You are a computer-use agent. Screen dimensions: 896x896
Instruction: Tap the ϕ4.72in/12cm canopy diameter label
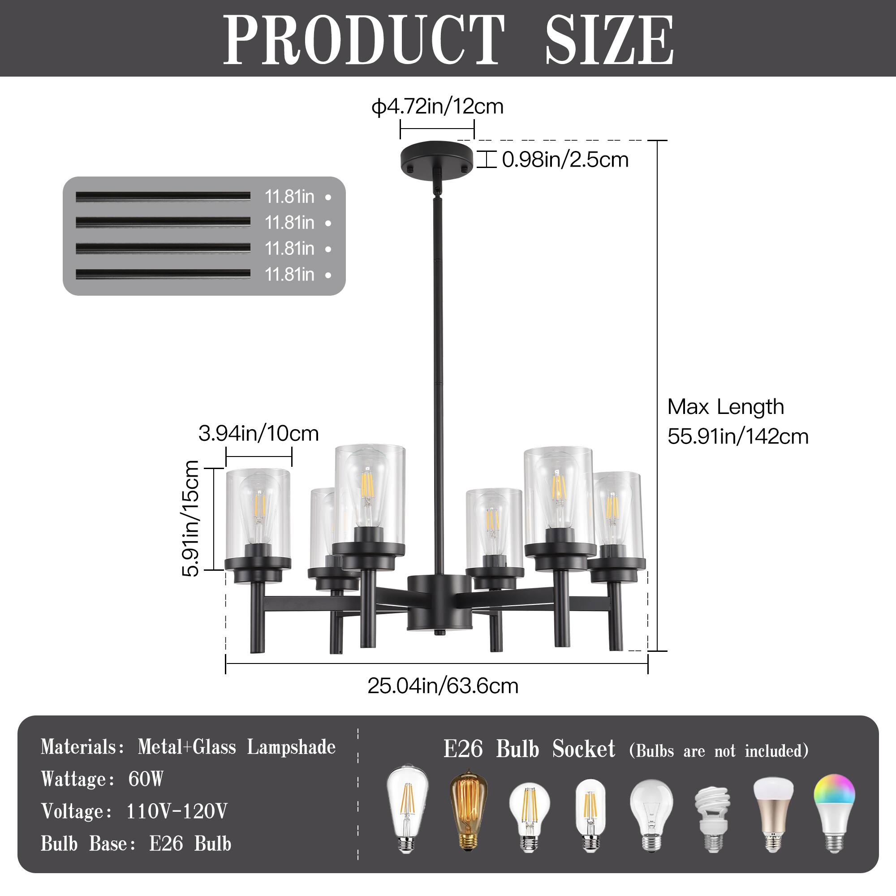tap(437, 107)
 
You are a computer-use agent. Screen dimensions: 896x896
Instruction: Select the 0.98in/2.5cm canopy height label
tap(565, 160)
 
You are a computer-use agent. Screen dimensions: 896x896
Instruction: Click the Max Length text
tap(726, 407)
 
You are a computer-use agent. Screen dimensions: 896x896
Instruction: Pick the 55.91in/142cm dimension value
tap(738, 437)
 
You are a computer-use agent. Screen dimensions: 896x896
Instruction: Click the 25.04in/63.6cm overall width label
tap(443, 686)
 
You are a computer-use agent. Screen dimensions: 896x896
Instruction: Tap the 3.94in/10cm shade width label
tap(258, 434)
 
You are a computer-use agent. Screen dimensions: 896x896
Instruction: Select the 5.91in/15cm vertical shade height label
tap(190, 518)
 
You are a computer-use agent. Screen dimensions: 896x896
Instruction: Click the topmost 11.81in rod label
tap(289, 197)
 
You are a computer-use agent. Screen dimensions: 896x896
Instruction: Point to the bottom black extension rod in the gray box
tap(163, 275)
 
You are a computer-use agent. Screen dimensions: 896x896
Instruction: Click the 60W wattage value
tap(146, 779)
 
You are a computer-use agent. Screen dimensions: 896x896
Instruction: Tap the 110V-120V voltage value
tap(177, 811)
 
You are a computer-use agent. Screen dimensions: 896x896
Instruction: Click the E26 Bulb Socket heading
tap(529, 750)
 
